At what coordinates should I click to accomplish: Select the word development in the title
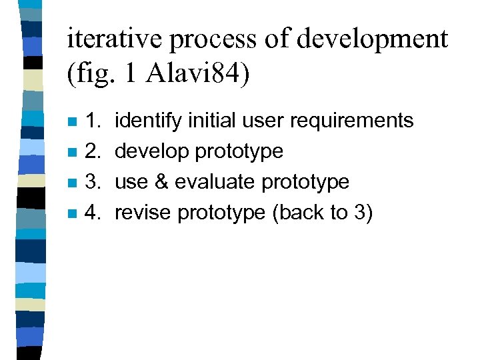coord(372,40)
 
